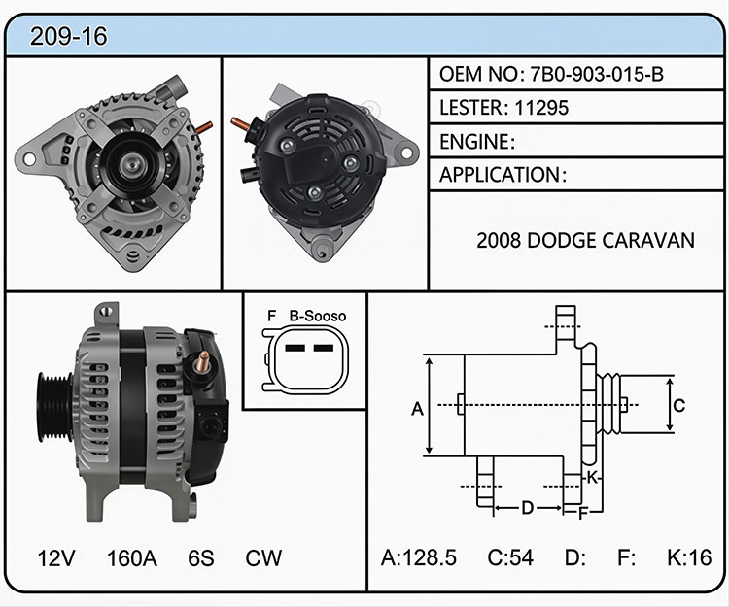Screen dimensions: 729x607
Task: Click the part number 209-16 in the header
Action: tap(68, 36)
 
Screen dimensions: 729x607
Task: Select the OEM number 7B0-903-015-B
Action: tap(597, 75)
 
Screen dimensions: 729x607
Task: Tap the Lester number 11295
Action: tap(541, 108)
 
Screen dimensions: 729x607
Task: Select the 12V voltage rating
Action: tap(55, 557)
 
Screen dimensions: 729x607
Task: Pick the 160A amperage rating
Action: tap(131, 557)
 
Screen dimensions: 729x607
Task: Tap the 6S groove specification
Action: tap(201, 557)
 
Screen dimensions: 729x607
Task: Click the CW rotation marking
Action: tap(263, 557)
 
